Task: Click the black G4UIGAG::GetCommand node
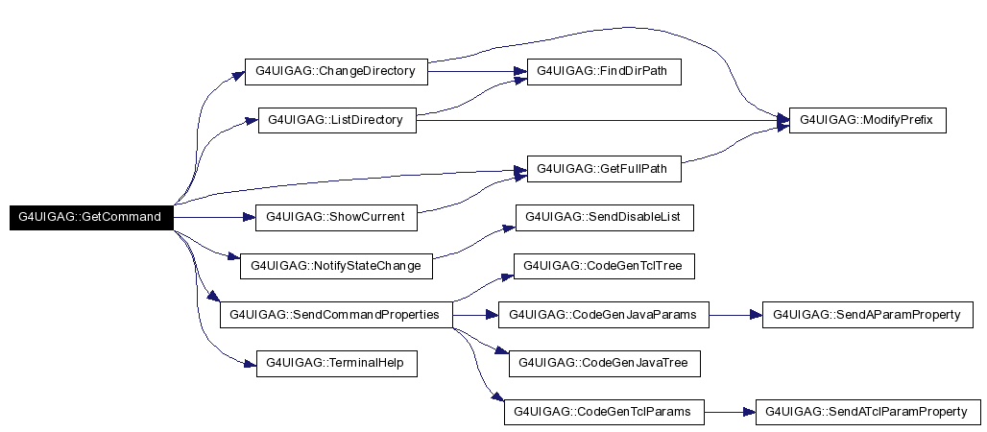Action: (92, 217)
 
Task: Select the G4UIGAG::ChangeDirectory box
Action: (335, 71)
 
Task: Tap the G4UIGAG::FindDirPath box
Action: (604, 71)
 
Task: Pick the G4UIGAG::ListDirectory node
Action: (336, 120)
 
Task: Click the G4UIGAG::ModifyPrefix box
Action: (867, 120)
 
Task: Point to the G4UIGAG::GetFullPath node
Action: (604, 169)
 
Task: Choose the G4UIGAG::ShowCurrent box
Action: (336, 217)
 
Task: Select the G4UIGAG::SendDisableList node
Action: (604, 217)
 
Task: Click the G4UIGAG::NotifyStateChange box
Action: (336, 266)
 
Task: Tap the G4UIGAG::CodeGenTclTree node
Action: (604, 266)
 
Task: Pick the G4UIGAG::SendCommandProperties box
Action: (336, 314)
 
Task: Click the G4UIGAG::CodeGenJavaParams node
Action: (604, 314)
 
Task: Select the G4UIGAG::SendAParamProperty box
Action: (868, 314)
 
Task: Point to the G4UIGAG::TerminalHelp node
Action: (336, 363)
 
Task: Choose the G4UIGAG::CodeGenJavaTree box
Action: (604, 363)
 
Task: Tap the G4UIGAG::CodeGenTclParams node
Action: (604, 412)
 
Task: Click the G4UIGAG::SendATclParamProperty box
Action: (868, 412)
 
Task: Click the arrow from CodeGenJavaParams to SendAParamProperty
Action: (735, 314)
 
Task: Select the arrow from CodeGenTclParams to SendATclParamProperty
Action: (730, 412)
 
